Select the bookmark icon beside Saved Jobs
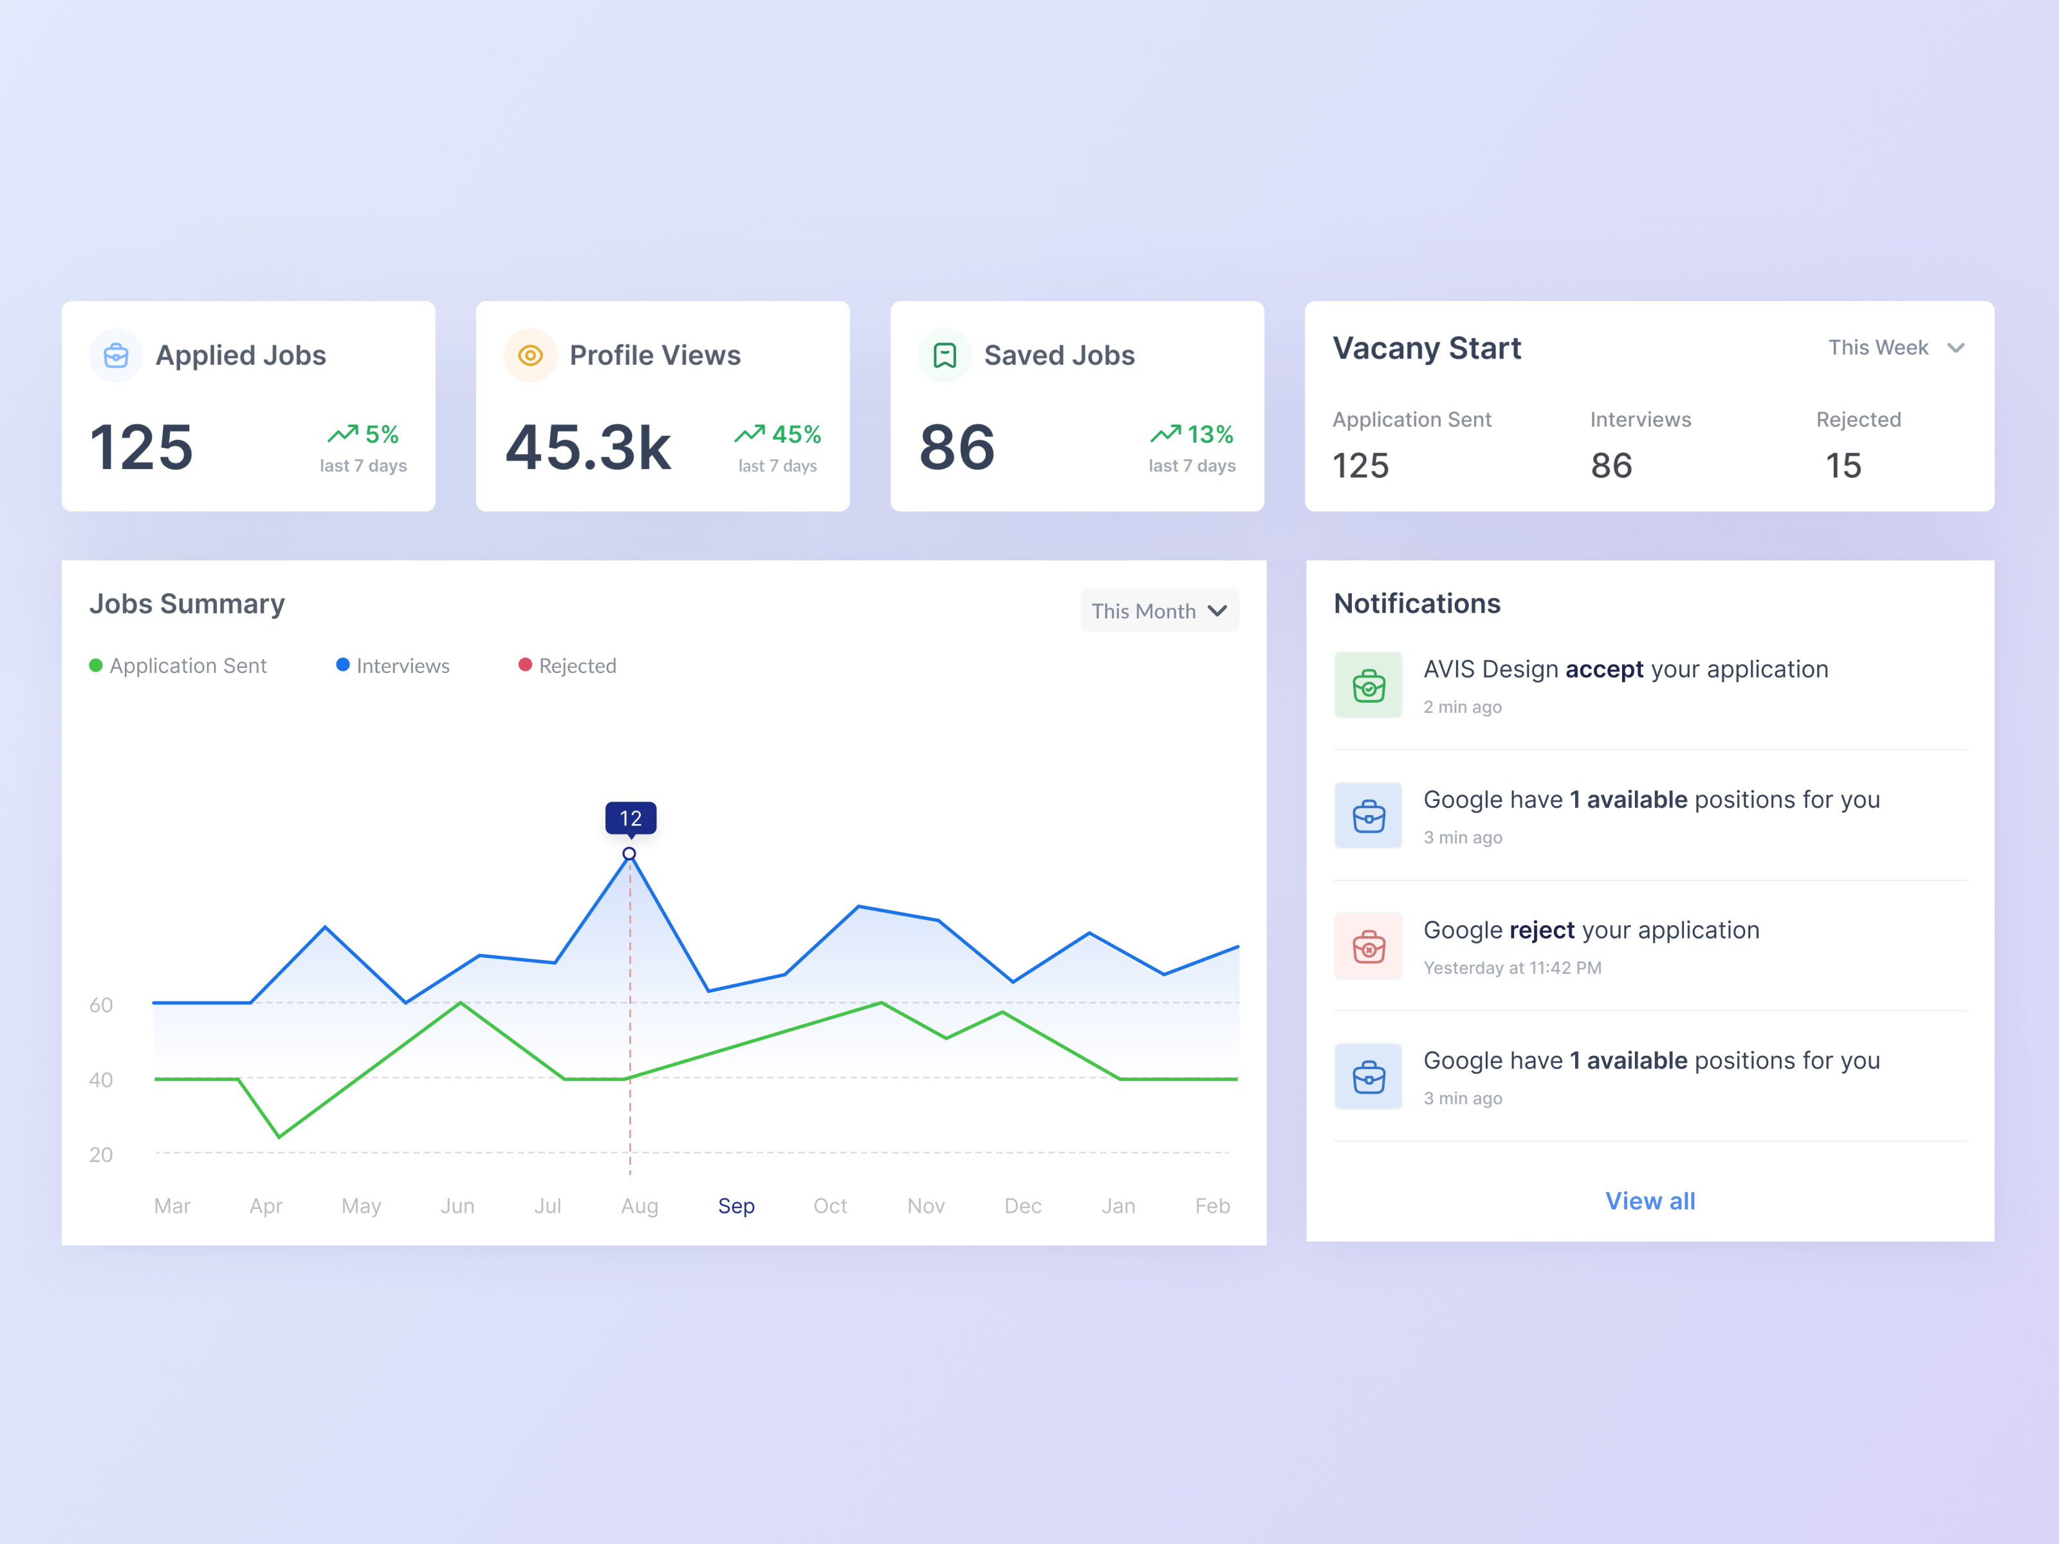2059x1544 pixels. pyautogui.click(x=945, y=356)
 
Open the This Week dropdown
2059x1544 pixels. pyautogui.click(x=1896, y=348)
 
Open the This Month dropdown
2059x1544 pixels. pyautogui.click(x=1159, y=611)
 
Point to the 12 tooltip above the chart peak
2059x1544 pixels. pyautogui.click(x=630, y=818)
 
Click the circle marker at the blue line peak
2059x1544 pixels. pyautogui.click(x=629, y=854)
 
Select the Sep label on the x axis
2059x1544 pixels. pyautogui.click(x=736, y=1206)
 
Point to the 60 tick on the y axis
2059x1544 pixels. pyautogui.click(x=100, y=1005)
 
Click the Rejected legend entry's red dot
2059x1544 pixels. pyautogui.click(x=525, y=665)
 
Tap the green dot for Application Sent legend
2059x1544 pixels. pyautogui.click(x=96, y=665)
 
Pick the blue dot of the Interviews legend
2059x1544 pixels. pyautogui.click(x=342, y=665)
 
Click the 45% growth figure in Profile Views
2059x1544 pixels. pyautogui.click(x=796, y=435)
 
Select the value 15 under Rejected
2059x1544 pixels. pyautogui.click(x=1843, y=465)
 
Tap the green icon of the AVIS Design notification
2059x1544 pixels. pyautogui.click(x=1369, y=685)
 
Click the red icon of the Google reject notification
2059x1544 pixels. pyautogui.click(x=1369, y=946)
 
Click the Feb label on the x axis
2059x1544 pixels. pyautogui.click(x=1212, y=1206)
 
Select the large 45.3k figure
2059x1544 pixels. pyautogui.click(x=588, y=448)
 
